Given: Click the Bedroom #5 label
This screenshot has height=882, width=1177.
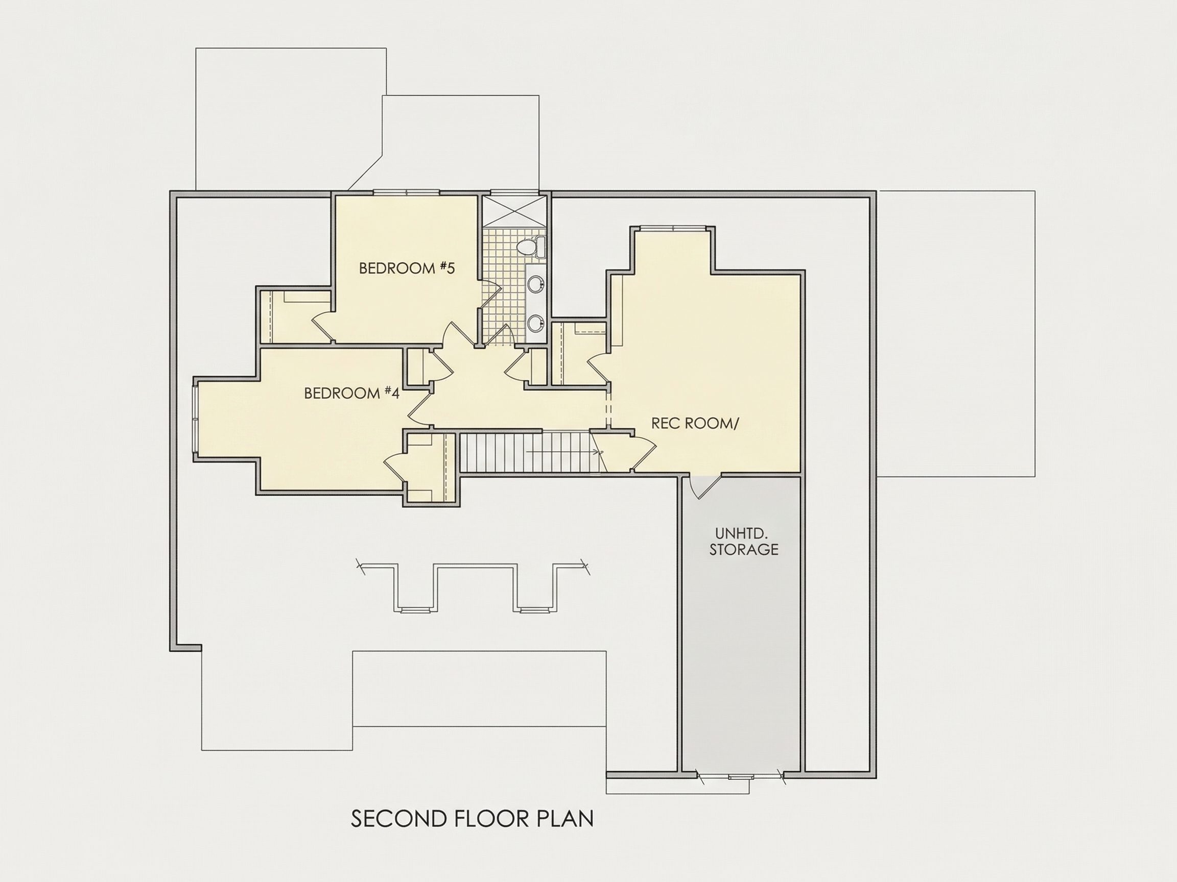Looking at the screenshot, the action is tap(407, 268).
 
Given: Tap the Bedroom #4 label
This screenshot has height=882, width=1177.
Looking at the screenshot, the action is tap(351, 393).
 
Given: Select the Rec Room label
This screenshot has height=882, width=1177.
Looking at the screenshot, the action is tap(695, 423).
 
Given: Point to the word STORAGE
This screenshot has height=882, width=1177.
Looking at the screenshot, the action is tap(743, 550).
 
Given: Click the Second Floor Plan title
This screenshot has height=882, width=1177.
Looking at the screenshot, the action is tap(472, 819).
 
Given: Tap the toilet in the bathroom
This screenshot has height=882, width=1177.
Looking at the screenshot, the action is tap(533, 247).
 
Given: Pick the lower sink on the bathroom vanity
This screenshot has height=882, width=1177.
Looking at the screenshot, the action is tap(535, 322).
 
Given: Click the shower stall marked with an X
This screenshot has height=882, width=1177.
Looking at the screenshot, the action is tap(514, 212).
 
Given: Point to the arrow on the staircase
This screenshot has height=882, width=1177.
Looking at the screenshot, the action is tap(564, 452).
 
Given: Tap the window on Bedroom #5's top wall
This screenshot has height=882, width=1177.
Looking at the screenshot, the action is tap(406, 192).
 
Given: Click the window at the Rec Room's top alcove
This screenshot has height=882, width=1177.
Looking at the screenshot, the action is tap(673, 229).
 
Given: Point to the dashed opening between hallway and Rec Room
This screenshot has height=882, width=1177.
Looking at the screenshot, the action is tap(609, 409).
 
